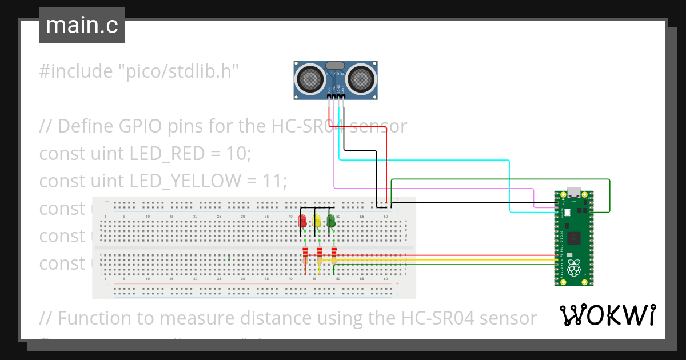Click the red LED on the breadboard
click(302, 221)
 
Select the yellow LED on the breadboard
click(317, 221)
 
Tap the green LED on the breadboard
click(330, 221)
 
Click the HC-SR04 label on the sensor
click(336, 74)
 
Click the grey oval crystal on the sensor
click(336, 66)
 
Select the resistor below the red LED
click(305, 253)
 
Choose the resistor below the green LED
click(334, 253)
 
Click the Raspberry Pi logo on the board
click(574, 267)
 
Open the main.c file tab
click(82, 25)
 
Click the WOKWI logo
click(607, 315)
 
